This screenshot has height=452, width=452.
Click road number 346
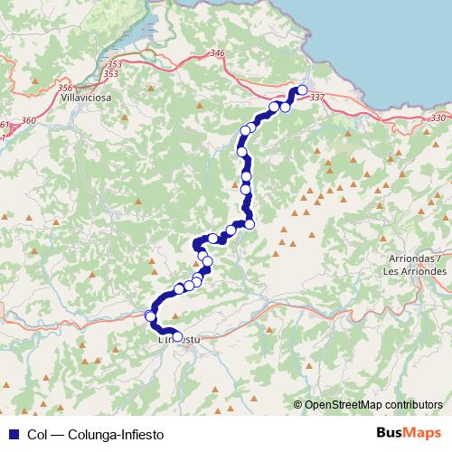[216, 54]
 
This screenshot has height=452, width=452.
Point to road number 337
[316, 97]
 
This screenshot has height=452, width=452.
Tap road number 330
[438, 118]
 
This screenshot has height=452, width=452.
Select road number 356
[64, 88]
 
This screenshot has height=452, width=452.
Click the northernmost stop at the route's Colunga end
[303, 89]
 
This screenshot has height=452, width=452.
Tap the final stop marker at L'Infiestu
[177, 335]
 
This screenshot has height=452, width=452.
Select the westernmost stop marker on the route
[150, 315]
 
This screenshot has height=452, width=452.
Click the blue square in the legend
[11, 435]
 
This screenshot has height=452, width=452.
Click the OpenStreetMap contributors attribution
[373, 404]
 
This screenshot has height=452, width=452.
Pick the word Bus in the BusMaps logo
[390, 434]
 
